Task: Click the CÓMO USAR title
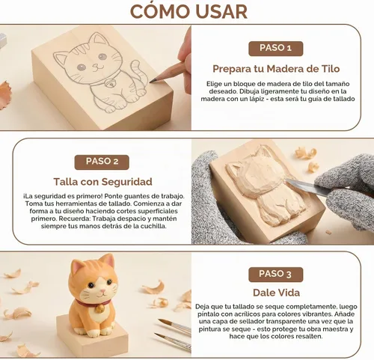click(188, 11)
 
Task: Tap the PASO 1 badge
click(276, 49)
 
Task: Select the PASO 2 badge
click(102, 162)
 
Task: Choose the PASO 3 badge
click(276, 275)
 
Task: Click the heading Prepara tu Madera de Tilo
click(276, 69)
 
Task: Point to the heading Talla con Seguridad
click(102, 182)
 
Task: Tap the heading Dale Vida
click(276, 293)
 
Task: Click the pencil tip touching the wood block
click(152, 81)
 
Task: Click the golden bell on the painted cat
click(100, 309)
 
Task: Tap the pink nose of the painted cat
click(102, 291)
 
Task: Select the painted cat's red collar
click(93, 303)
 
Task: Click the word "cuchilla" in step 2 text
click(153, 226)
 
